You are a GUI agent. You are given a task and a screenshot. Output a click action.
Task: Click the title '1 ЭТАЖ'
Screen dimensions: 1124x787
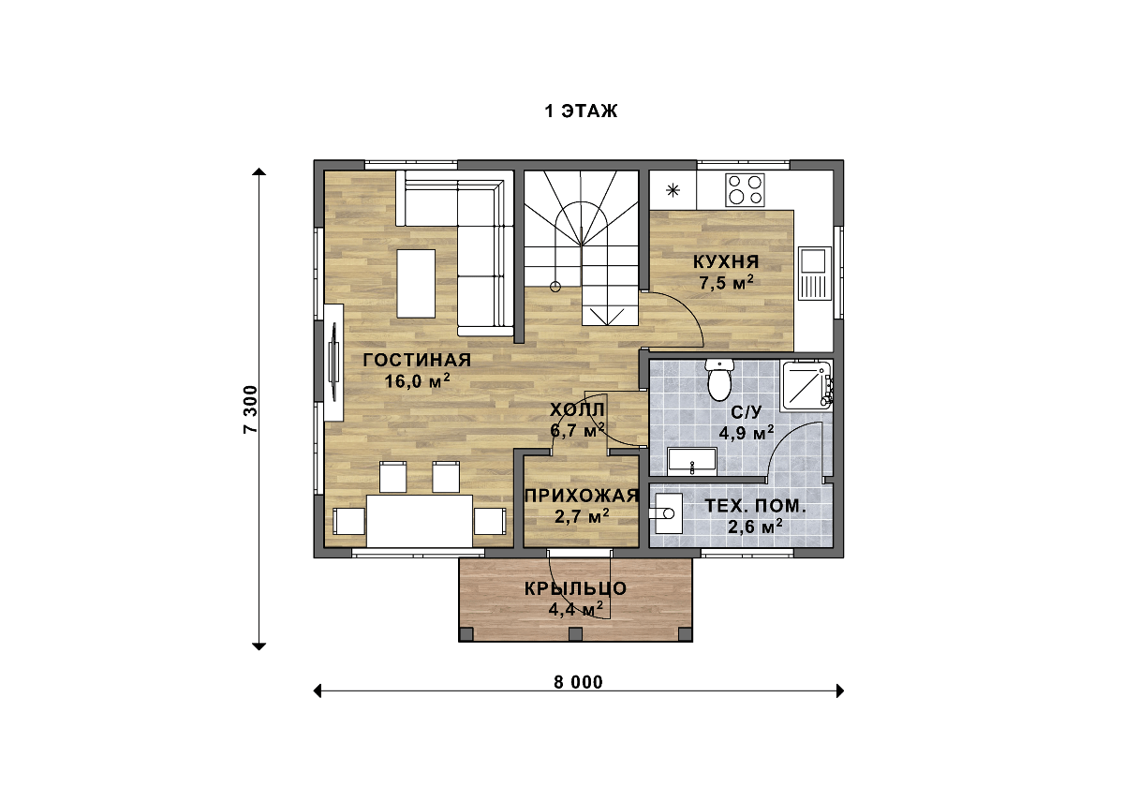(x=581, y=111)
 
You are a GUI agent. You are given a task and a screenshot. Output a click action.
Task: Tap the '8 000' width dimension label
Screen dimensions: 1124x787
(x=578, y=682)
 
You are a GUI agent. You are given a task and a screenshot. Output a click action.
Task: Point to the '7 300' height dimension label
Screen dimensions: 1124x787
(x=250, y=409)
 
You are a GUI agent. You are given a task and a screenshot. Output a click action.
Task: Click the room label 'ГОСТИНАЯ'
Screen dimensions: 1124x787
(x=417, y=360)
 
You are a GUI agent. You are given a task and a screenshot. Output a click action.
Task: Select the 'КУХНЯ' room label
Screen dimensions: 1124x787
(x=726, y=261)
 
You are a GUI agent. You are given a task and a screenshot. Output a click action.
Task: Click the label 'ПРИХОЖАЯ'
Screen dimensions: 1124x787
(x=582, y=496)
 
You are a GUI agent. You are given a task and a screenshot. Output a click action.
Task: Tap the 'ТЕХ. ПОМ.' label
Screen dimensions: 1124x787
(x=755, y=506)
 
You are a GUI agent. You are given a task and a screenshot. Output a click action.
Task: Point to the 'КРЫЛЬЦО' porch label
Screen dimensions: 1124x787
(x=575, y=588)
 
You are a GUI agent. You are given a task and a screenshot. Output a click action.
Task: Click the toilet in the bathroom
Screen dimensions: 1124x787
(x=719, y=380)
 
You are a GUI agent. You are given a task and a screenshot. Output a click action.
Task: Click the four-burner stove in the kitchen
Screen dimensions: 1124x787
(x=745, y=189)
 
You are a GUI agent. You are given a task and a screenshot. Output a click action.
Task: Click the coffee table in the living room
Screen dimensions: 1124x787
(x=416, y=284)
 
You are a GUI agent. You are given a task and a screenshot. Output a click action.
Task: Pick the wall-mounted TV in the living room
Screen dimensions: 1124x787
(x=333, y=363)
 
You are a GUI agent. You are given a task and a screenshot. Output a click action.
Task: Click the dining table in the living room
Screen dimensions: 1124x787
(x=420, y=521)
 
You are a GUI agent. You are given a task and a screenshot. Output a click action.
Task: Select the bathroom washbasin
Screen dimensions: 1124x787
(x=691, y=462)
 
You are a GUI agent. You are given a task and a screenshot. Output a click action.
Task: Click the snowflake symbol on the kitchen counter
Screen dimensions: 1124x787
(x=673, y=190)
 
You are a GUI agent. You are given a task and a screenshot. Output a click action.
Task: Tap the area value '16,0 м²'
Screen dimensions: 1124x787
(x=417, y=381)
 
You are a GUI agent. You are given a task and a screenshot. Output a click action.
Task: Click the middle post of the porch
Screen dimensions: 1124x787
(x=575, y=634)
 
